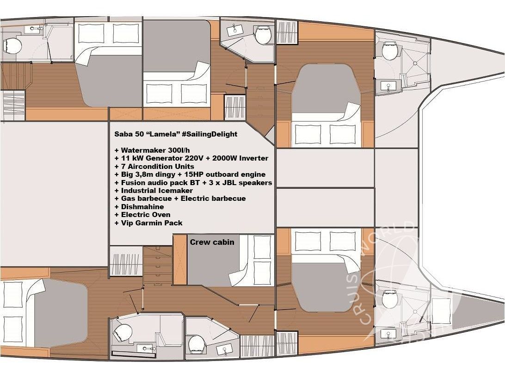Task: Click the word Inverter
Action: (253, 158)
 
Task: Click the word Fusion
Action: (133, 182)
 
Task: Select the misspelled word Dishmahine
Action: (142, 207)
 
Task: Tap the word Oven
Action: (160, 215)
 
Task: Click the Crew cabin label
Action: (212, 242)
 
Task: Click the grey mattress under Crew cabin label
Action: (208, 266)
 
